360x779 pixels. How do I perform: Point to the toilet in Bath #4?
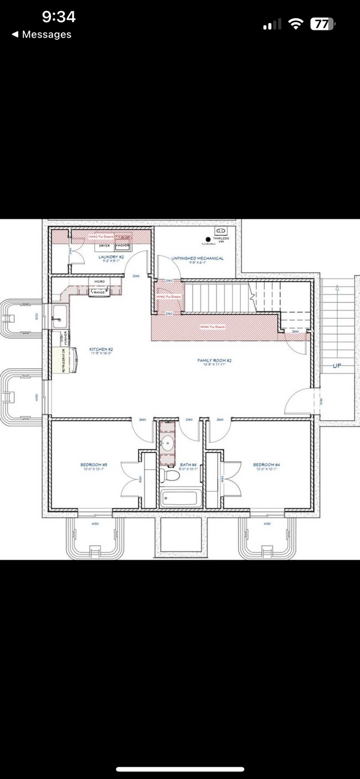point(171,476)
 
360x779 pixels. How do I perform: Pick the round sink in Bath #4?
point(166,443)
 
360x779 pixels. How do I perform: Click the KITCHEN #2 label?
point(101,349)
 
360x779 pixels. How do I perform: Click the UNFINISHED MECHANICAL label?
point(197,259)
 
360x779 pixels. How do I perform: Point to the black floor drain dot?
point(209,239)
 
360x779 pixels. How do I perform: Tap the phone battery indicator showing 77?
point(322,24)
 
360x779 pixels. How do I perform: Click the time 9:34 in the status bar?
point(59,17)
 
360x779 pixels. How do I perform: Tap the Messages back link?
point(42,34)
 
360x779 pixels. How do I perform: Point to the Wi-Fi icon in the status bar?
point(296,24)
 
